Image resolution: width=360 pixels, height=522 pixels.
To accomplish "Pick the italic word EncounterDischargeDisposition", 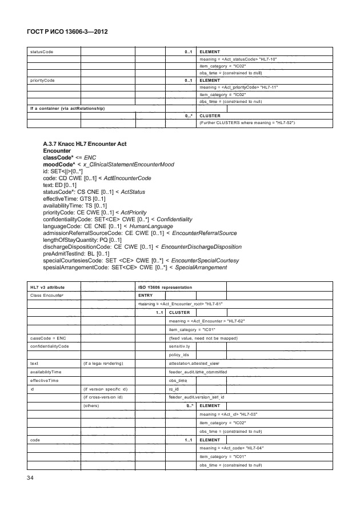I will pos(202,246).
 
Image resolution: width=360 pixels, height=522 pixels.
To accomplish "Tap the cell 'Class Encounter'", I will pos(47,295).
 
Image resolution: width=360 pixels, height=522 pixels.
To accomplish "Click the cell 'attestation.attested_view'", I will pos(194,363).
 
